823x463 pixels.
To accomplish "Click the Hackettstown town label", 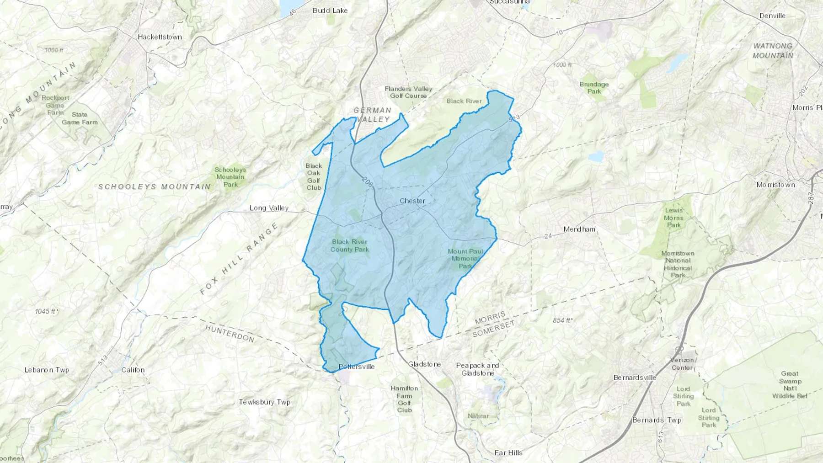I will tap(160, 37).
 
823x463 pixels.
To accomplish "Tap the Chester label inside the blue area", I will tap(412, 201).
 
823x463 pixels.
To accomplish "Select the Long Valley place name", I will tap(269, 208).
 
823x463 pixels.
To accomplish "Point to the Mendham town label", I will tap(579, 229).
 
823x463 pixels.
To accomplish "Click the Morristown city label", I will tap(775, 185).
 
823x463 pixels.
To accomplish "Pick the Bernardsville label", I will tap(635, 378).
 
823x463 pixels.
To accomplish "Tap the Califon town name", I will tap(133, 370).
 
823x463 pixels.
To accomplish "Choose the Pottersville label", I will tap(357, 367).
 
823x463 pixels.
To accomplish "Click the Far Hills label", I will tap(508, 453).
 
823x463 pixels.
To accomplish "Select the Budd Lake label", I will tap(330, 11).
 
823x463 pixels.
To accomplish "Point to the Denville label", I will tap(772, 16).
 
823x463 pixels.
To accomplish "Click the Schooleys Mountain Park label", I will tap(230, 177).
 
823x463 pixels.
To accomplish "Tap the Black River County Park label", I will tap(350, 245).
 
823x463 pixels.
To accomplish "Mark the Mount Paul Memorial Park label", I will tap(465, 259).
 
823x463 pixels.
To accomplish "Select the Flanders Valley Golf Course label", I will tap(408, 92).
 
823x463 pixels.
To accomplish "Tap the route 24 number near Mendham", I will tap(549, 236).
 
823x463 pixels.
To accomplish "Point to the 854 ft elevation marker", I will tap(562, 320).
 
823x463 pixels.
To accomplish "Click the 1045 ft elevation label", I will tap(47, 311).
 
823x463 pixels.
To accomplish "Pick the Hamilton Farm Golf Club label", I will tap(404, 399).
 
